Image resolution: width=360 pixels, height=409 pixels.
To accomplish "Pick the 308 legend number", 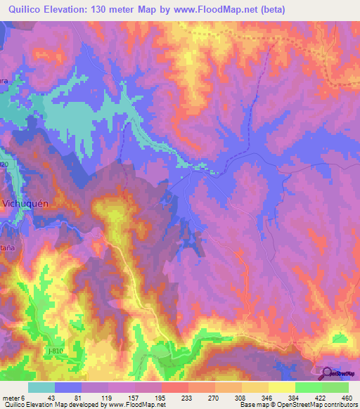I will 229,398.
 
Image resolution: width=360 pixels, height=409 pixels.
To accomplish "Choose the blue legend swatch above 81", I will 67,387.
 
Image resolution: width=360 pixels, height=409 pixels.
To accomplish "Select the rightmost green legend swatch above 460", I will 335,387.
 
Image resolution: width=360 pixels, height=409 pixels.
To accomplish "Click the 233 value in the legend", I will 175,398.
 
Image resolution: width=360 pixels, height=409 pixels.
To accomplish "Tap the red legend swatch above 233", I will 175,387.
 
